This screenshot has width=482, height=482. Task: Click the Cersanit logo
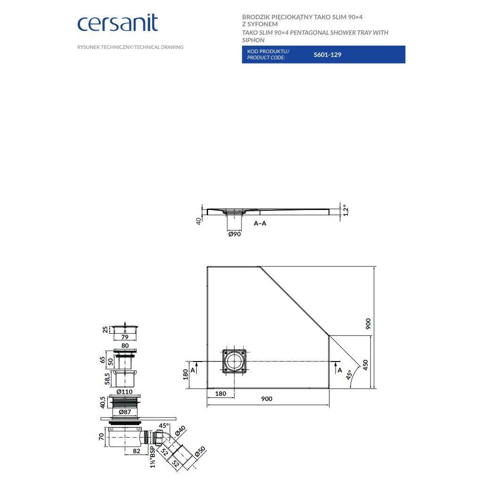point(117,23)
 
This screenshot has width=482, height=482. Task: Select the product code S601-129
point(327,55)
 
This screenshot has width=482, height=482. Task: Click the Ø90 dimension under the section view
point(234,234)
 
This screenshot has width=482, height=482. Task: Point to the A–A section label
point(260,223)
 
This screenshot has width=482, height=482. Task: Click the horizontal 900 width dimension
point(266,399)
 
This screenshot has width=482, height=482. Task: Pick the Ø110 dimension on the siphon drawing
point(125,392)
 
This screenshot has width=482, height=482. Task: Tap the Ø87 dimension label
point(125,412)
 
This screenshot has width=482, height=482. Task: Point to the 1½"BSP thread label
point(152,456)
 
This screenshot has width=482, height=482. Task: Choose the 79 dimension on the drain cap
point(125,337)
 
